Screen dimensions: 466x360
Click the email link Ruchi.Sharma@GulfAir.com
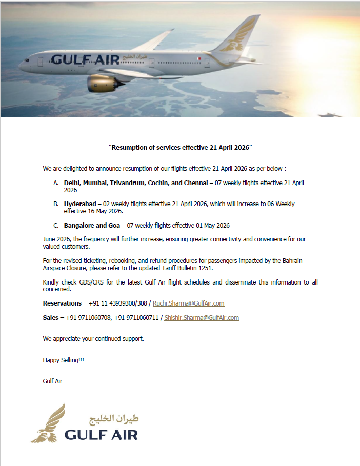pos(188,303)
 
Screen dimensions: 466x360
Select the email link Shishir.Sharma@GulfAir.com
pos(202,318)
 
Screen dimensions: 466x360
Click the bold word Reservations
pos(62,303)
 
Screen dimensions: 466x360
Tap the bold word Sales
pos(50,318)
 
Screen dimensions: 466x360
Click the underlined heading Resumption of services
pos(180,148)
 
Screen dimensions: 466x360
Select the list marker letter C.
pos(56,226)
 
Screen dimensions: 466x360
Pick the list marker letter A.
pos(56,183)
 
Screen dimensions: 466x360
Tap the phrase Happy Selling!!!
pos(63,360)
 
